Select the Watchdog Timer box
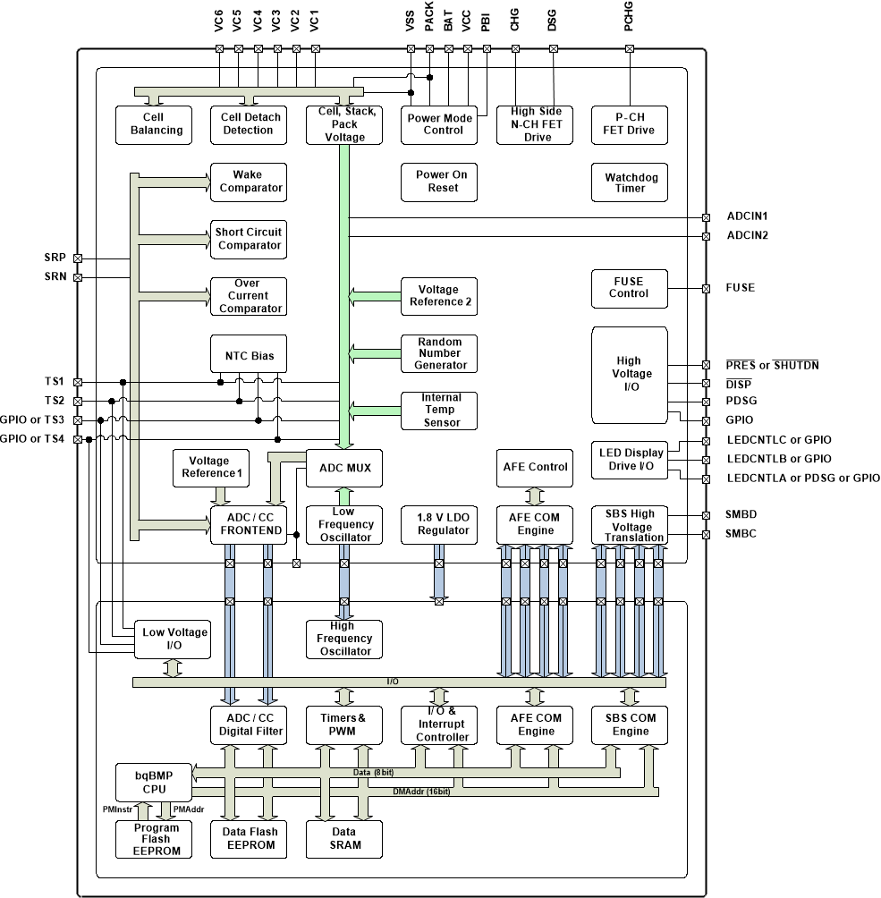click(x=631, y=182)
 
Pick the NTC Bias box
click(x=250, y=355)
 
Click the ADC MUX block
click(x=344, y=468)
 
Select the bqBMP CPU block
click(x=155, y=783)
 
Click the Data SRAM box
click(x=343, y=838)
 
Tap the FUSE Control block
click(x=629, y=288)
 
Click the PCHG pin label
click(x=630, y=21)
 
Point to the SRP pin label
click(x=55, y=258)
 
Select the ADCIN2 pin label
click(x=748, y=236)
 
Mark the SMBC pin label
click(x=742, y=534)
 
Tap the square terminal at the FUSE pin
click(x=706, y=288)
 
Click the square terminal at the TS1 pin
click(x=78, y=382)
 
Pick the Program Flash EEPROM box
click(x=155, y=839)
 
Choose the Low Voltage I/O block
click(x=174, y=639)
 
